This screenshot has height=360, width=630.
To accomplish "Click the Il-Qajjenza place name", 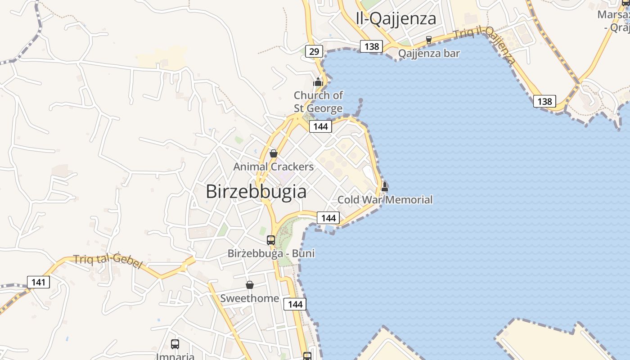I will pyautogui.click(x=396, y=19).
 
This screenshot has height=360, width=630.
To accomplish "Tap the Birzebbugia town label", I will pyautogui.click(x=256, y=192).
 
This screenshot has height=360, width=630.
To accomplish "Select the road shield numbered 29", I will pyautogui.click(x=314, y=51).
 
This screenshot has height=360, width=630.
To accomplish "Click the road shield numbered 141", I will pyautogui.click(x=38, y=282).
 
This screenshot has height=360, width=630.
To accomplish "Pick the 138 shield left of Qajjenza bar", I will pyautogui.click(x=371, y=46).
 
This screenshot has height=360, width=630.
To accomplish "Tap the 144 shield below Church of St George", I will pyautogui.click(x=320, y=126).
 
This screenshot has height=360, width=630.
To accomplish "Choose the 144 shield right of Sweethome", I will pyautogui.click(x=295, y=304).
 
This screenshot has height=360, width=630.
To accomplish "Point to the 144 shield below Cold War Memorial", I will pyautogui.click(x=328, y=218).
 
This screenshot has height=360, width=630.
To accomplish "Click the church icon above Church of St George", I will pyautogui.click(x=318, y=82).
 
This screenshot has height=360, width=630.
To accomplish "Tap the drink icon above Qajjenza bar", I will pyautogui.click(x=429, y=40).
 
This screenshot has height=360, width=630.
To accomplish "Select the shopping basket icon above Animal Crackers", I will pyautogui.click(x=273, y=153).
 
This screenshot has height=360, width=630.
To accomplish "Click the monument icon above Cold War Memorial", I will pyautogui.click(x=385, y=186).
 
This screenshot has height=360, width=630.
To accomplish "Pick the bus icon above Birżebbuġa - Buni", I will pyautogui.click(x=271, y=240).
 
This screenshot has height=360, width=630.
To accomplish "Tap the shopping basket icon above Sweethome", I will pyautogui.click(x=250, y=285).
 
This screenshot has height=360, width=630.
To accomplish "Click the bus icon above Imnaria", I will pyautogui.click(x=175, y=344).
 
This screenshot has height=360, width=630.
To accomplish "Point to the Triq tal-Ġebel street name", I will pyautogui.click(x=108, y=261).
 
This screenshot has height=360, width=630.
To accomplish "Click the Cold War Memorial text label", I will pyautogui.click(x=385, y=200).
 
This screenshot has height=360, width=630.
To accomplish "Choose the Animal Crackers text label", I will pyautogui.click(x=273, y=167).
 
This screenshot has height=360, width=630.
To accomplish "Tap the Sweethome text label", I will pyautogui.click(x=249, y=298).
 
